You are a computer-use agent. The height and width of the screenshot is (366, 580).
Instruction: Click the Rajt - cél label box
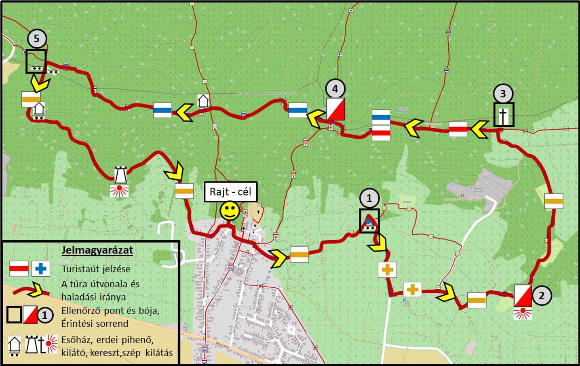230,191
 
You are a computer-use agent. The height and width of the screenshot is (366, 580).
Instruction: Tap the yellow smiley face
230,210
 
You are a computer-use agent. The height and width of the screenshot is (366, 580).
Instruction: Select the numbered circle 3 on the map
503,94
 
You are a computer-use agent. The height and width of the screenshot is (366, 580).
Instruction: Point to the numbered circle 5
37,38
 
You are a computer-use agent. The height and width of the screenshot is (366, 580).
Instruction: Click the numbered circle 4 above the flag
335,88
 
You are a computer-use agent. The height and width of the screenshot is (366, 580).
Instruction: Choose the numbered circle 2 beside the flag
542,295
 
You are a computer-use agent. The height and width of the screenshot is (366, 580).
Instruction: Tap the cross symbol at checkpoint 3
504,115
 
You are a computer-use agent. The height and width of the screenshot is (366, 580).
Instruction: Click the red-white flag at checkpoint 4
335,109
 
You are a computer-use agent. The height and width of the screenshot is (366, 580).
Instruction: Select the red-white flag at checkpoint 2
523,296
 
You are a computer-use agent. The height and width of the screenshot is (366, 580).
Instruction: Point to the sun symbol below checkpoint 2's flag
523,313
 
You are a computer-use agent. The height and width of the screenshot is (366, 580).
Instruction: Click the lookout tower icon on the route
120,175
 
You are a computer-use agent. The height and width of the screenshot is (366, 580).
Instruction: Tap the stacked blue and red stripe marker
381,125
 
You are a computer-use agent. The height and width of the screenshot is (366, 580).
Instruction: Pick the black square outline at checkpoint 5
36,61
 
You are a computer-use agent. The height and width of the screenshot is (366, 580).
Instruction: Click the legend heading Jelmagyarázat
97,250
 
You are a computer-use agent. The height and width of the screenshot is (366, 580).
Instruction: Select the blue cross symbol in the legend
41,269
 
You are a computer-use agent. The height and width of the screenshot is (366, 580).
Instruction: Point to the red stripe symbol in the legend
19,269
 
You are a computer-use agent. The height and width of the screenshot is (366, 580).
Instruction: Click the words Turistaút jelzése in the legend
96,269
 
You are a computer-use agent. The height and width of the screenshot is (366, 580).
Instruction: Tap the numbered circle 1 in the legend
45,315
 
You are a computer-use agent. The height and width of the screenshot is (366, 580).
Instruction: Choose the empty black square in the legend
14,315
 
